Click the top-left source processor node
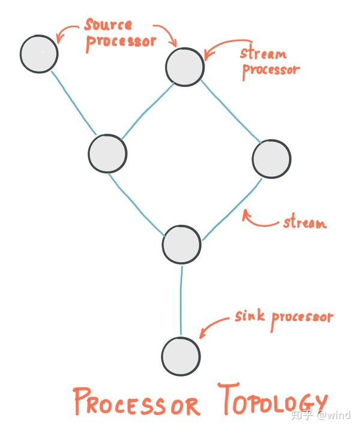click(39, 53)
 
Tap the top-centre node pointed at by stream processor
click(185, 66)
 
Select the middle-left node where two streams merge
click(107, 153)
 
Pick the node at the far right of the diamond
click(271, 159)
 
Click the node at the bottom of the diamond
click(182, 245)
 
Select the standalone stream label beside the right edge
click(304, 223)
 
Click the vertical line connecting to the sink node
click(181, 300)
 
